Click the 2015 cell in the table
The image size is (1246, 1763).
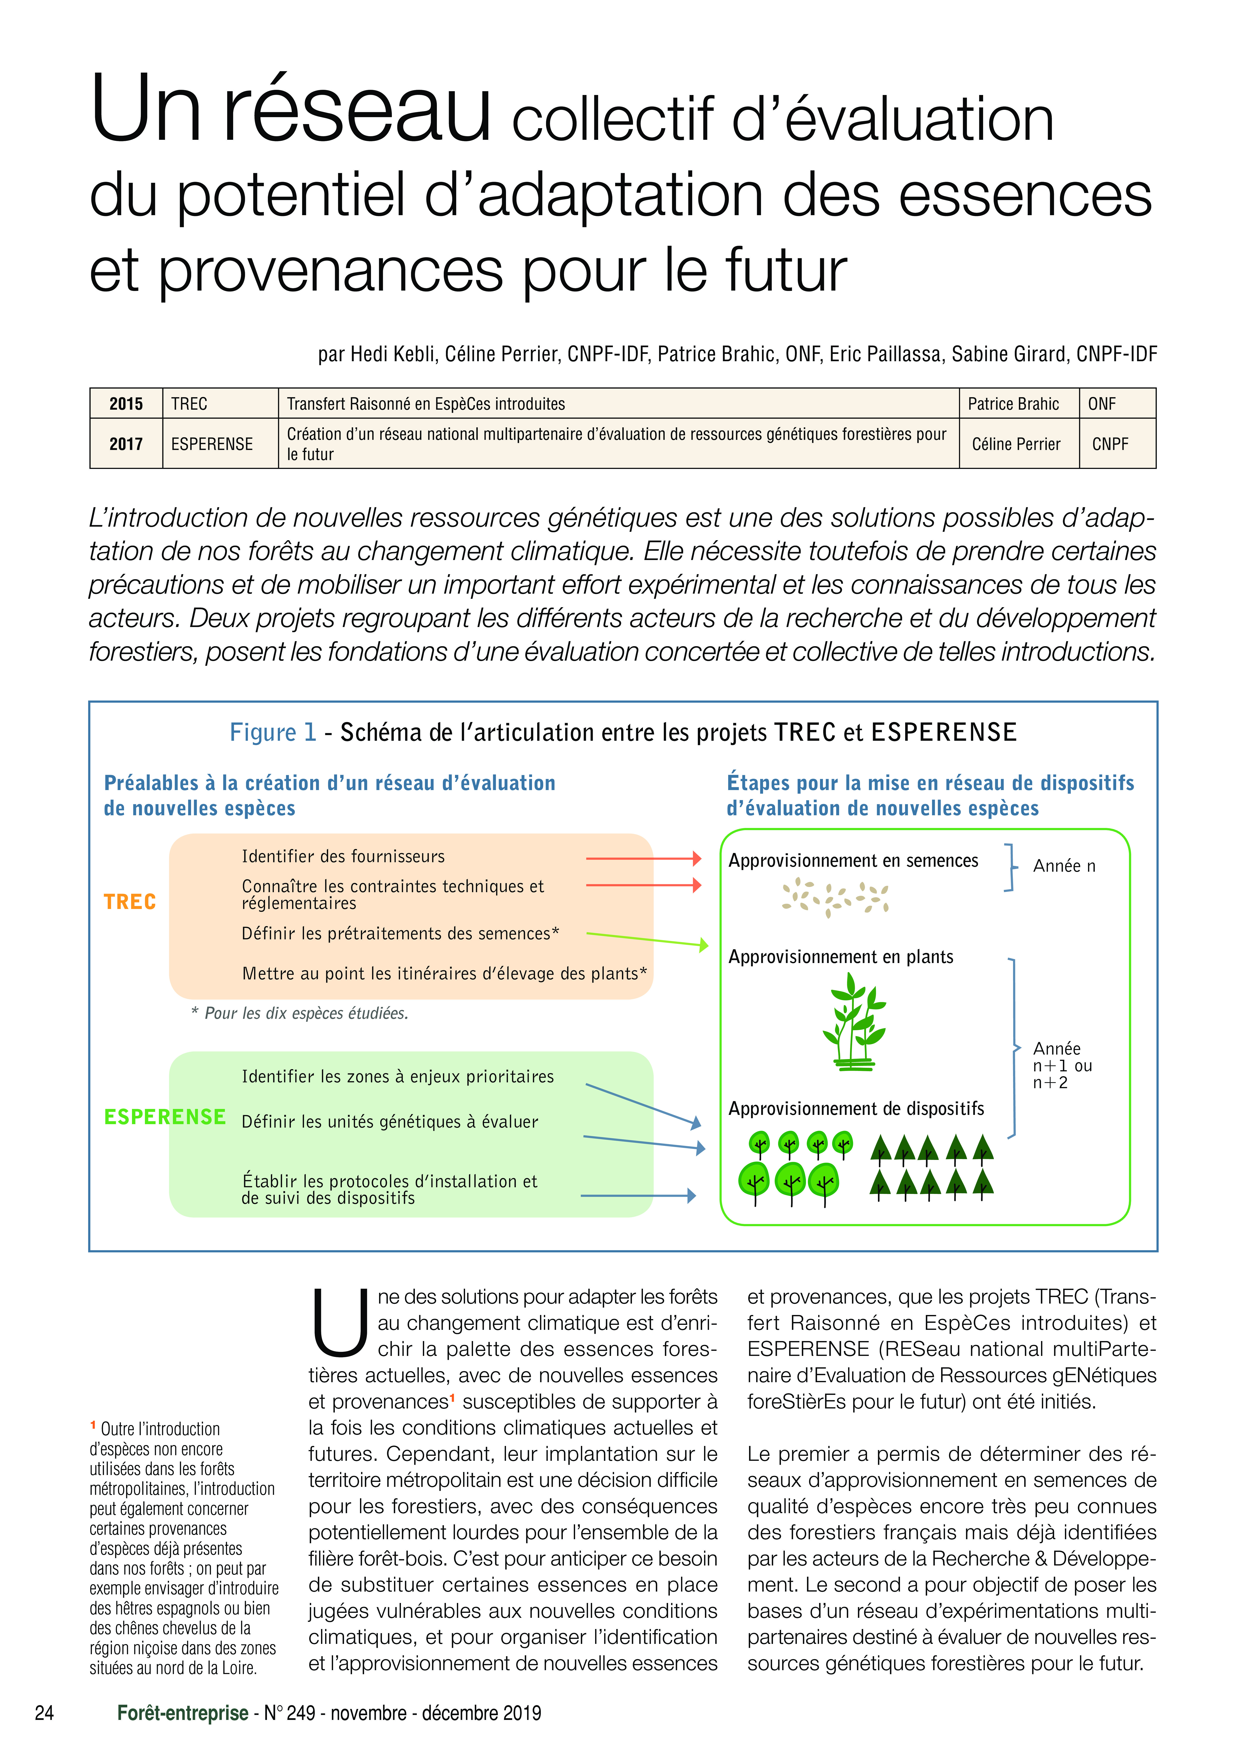click(x=126, y=404)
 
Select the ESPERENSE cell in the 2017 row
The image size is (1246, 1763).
click(x=212, y=444)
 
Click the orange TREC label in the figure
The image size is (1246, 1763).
click(x=130, y=901)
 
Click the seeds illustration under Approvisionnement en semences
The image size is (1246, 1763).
click(x=835, y=897)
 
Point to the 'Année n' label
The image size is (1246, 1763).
click(x=1064, y=866)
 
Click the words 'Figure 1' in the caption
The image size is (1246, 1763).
click(x=273, y=733)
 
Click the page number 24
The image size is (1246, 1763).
click(x=45, y=1713)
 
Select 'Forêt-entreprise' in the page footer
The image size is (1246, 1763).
click(x=183, y=1713)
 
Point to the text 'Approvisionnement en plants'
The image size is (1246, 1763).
click(x=841, y=957)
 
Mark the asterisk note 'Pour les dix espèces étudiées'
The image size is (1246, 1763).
click(x=299, y=1014)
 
